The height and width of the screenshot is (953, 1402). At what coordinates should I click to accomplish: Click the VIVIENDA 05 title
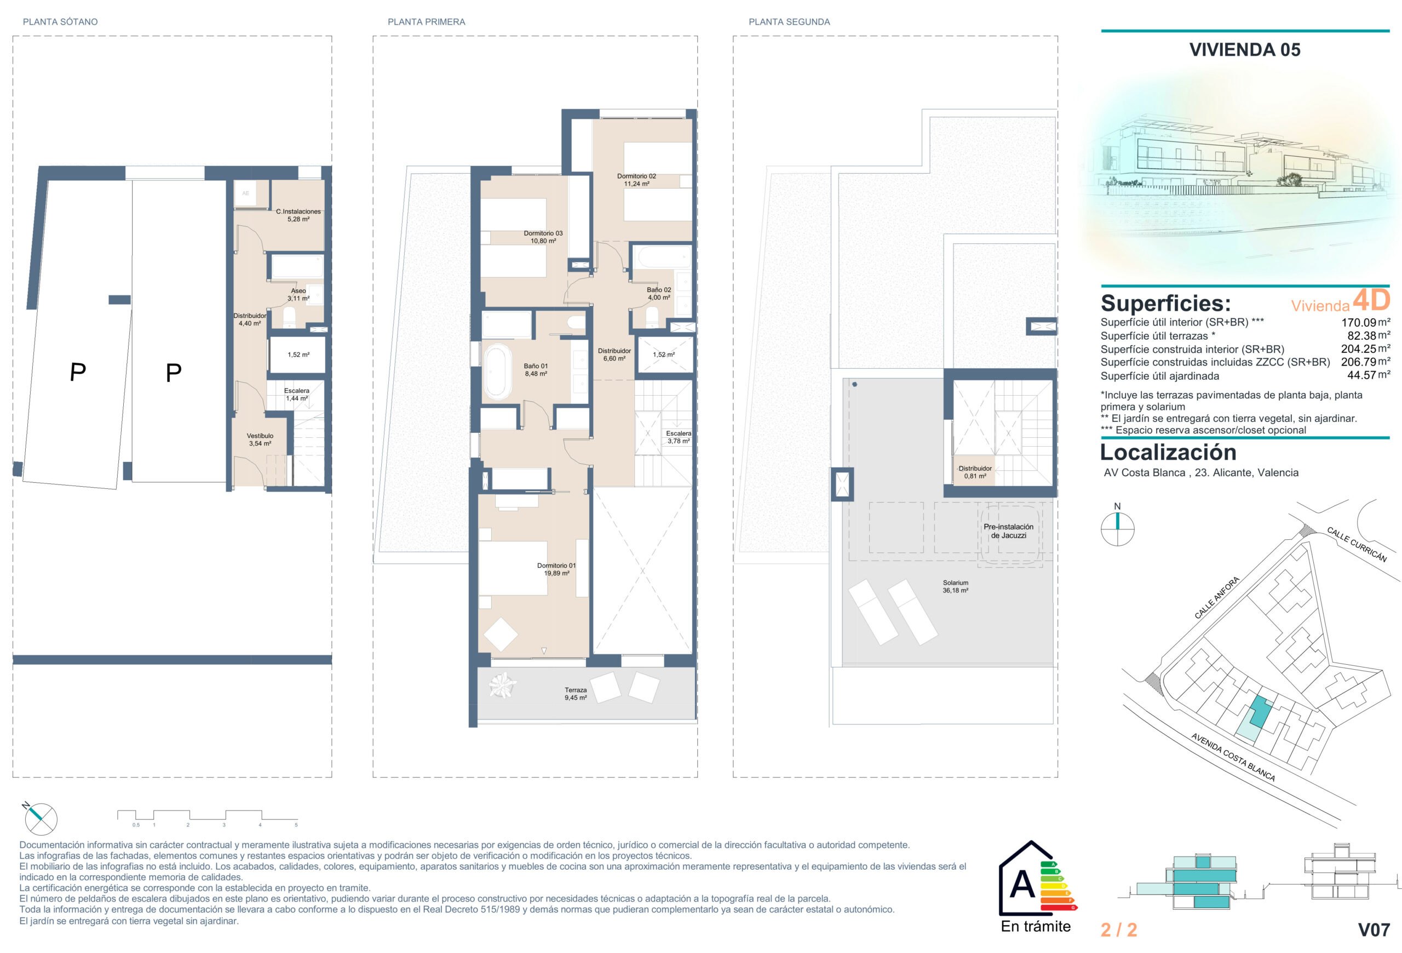[x=1244, y=49]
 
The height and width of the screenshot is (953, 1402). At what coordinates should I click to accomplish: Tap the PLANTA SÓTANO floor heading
[x=60, y=22]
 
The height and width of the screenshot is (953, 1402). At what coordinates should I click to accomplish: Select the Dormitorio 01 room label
[x=556, y=569]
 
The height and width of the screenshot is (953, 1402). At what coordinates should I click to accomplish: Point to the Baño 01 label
[x=536, y=370]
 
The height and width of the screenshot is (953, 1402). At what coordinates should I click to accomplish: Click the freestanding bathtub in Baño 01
[x=498, y=371]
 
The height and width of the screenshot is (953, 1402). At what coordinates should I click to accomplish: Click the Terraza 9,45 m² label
[x=576, y=693]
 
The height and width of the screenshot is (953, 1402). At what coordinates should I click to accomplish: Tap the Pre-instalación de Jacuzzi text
[x=1008, y=531]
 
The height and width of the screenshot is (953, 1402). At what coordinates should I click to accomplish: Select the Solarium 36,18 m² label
[x=956, y=586]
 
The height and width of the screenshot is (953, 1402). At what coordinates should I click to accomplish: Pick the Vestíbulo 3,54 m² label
[x=260, y=440]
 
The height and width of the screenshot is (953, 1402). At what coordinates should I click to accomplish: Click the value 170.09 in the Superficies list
[x=1359, y=323]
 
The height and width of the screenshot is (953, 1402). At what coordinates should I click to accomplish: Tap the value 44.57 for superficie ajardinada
[x=1361, y=375]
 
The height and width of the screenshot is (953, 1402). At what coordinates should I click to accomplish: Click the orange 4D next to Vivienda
[x=1371, y=299]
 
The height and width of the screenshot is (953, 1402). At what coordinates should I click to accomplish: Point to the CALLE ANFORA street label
[x=1217, y=597]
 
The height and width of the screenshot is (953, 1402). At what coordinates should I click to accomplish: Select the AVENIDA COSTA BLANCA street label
[x=1233, y=757]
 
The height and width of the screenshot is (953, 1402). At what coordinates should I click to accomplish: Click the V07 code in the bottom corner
[x=1374, y=930]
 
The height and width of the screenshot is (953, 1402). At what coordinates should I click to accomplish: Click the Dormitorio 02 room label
[x=636, y=180]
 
